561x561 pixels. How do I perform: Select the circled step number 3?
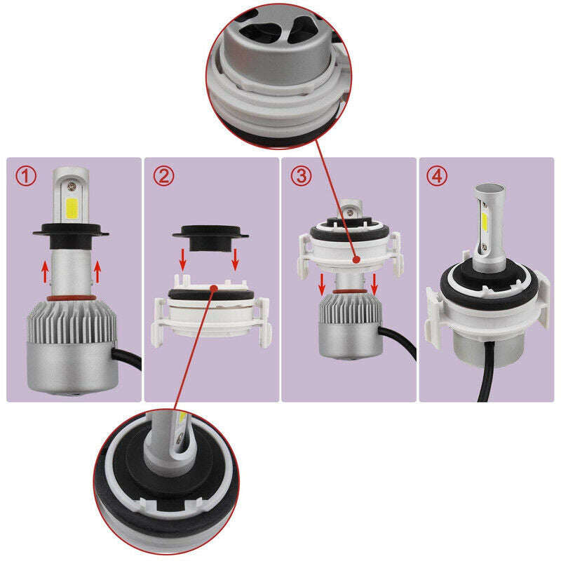tap(301, 176)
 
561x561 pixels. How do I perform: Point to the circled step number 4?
tap(438, 176)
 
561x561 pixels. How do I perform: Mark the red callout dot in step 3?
tap(358, 259)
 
